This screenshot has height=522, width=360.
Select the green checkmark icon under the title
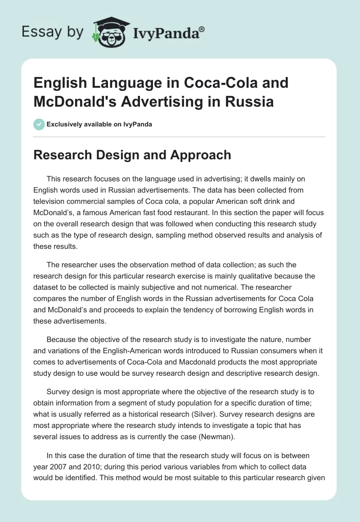pyautogui.click(x=39, y=124)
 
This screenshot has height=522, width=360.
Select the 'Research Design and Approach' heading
pyautogui.click(x=132, y=155)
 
